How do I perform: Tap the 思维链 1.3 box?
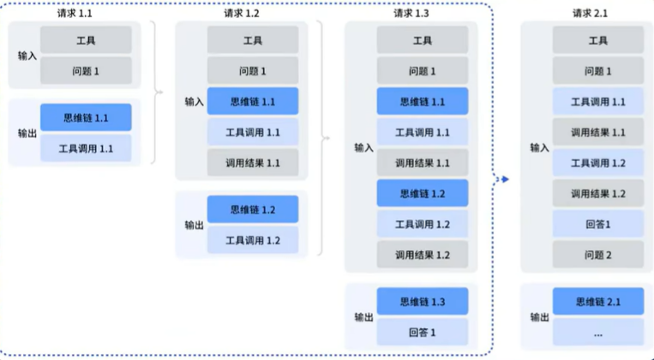423,302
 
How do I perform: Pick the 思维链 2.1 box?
597,302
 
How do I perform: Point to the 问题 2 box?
597,255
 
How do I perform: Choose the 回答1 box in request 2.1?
597,225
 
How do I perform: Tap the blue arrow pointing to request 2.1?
505,179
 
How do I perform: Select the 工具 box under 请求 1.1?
86,40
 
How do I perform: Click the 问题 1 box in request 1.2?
252,71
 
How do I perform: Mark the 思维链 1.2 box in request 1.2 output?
252,209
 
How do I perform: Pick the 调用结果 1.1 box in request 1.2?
252,163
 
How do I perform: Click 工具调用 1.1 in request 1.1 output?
86,148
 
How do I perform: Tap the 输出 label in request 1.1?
27,133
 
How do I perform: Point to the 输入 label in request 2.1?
539,147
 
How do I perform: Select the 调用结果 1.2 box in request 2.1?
597,194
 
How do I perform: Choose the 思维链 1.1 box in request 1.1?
86,117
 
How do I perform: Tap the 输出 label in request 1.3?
363,317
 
